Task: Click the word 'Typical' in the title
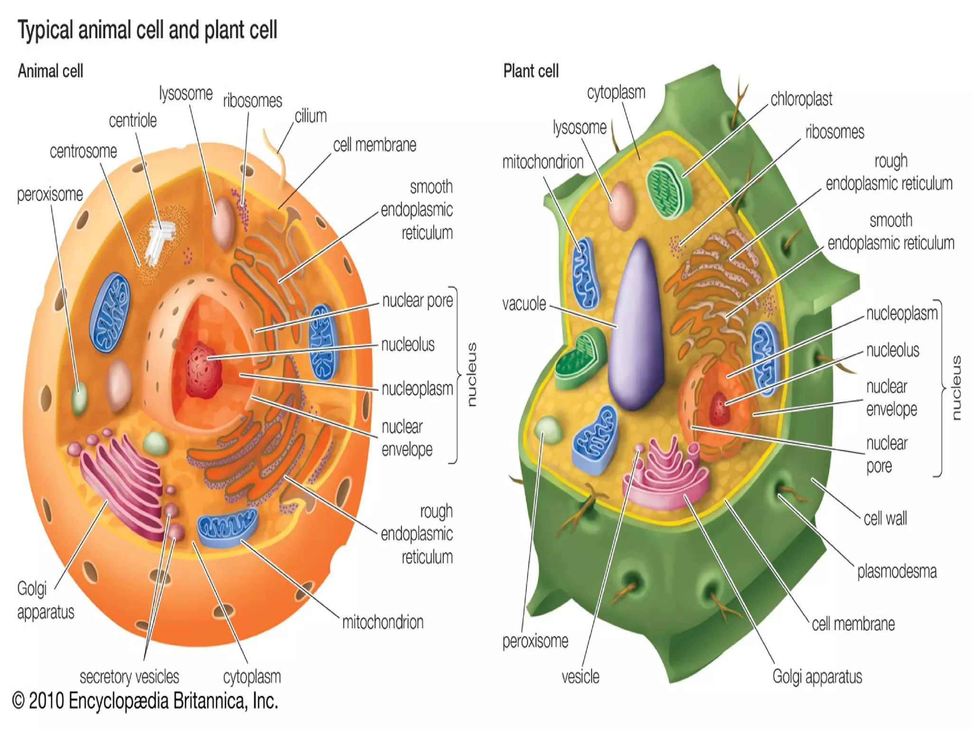click(46, 30)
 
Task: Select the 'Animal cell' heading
click(50, 71)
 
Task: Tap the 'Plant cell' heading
click(531, 71)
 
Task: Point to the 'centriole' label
click(132, 121)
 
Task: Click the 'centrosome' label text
click(83, 151)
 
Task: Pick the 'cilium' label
click(310, 116)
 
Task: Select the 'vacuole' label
click(524, 304)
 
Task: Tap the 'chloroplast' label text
click(801, 99)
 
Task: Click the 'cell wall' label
click(885, 519)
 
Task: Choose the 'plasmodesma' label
click(897, 571)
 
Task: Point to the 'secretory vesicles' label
click(129, 677)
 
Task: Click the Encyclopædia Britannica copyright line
click(145, 701)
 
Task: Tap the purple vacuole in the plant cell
click(636, 328)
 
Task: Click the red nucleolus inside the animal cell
click(203, 368)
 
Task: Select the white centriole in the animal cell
click(160, 240)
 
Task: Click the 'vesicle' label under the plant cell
click(580, 677)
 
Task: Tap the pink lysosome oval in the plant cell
click(621, 205)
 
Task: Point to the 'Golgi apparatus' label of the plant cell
click(817, 677)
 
